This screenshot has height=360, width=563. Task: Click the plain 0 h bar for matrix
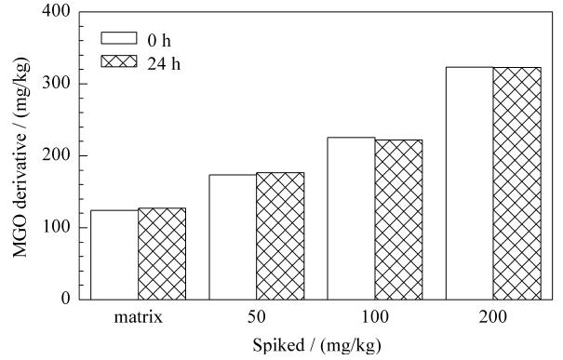coord(114,255)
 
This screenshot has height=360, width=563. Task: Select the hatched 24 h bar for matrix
coord(162,254)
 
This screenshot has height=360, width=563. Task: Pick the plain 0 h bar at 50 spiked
coord(233,237)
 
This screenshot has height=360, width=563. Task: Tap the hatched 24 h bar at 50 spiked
coord(280,236)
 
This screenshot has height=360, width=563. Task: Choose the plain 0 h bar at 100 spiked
coord(351,219)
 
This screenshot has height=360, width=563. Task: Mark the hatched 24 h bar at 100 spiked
coord(398,220)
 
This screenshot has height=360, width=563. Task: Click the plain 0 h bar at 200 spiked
coord(470,183)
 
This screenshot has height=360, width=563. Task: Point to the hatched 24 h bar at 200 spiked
coord(517,183)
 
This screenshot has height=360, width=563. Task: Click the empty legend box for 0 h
coord(119,38)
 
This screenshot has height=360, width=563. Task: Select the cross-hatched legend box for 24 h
coord(119,61)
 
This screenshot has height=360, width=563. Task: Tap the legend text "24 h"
coord(164,64)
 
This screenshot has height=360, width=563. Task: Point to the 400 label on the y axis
coord(56,11)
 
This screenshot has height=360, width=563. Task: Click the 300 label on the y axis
coord(56,84)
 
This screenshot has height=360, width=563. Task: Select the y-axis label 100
coord(56,227)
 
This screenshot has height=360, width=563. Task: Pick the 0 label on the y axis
coord(66,299)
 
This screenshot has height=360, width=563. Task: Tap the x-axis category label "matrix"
coord(139,317)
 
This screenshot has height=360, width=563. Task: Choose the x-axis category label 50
coord(256,317)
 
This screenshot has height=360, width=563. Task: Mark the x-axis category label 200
coord(493,317)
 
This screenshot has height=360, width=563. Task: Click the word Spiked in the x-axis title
coord(278,346)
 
